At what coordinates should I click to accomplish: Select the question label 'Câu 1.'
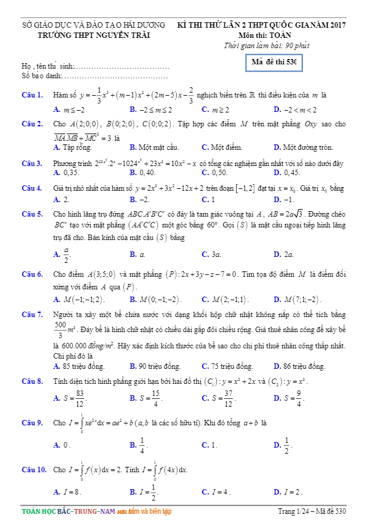(31, 95)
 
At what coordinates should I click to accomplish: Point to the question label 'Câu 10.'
(34, 469)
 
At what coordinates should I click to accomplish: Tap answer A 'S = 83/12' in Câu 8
(70, 398)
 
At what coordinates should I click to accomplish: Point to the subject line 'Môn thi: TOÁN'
(264, 35)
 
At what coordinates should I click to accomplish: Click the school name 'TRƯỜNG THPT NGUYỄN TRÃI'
(94, 35)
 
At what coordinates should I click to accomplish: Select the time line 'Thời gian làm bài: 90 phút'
(266, 45)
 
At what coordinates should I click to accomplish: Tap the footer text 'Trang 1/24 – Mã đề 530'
(313, 512)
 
